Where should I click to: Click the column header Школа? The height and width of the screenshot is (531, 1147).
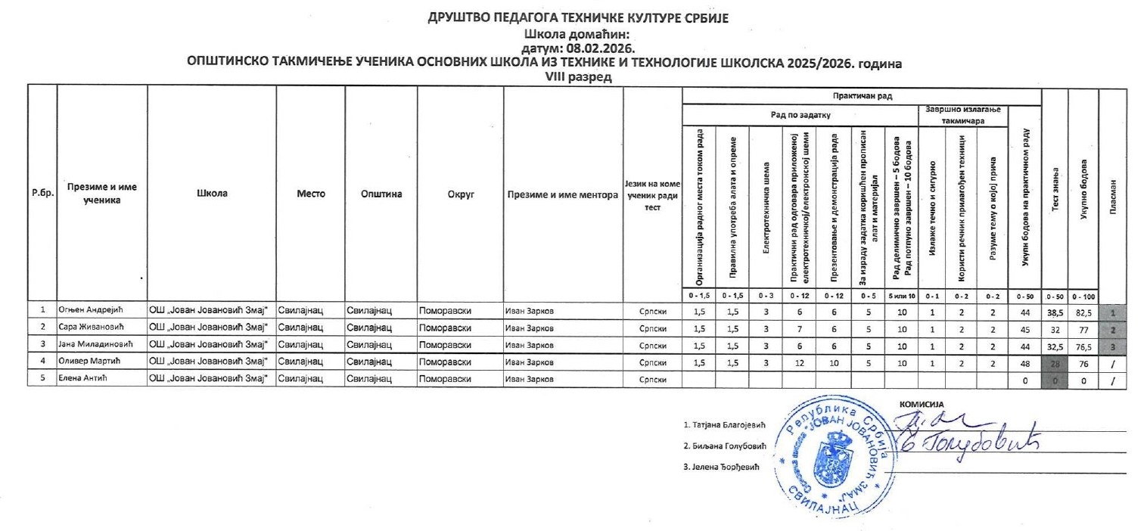tap(212, 194)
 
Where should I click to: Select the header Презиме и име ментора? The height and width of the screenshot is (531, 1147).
tap(563, 194)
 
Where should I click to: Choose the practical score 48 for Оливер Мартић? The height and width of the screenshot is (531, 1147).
tap(1026, 362)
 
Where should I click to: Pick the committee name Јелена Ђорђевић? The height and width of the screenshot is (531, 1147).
tap(720, 466)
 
